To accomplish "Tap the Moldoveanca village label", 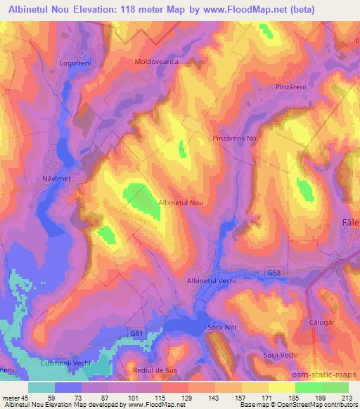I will (x=157, y=62).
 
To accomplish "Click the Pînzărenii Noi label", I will (x=236, y=138).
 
